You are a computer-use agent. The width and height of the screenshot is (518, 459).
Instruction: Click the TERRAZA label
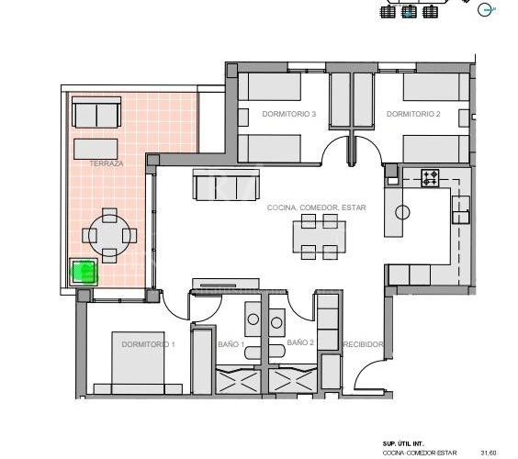(x=107, y=163)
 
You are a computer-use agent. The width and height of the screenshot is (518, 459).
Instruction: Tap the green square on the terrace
(x=84, y=272)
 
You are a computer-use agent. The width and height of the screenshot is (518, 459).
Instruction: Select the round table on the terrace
(x=109, y=235)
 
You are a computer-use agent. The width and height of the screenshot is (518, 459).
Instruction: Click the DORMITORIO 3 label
(x=289, y=114)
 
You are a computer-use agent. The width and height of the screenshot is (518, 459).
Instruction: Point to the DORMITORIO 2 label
(x=413, y=114)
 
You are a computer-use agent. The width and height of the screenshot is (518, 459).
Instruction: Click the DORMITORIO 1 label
(x=148, y=344)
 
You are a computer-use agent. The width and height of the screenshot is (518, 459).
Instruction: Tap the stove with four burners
(x=430, y=178)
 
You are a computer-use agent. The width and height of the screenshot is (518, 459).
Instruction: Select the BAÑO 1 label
(x=231, y=344)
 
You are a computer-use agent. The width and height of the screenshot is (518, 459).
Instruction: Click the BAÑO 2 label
(x=300, y=342)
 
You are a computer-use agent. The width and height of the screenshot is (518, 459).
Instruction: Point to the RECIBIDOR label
(x=364, y=344)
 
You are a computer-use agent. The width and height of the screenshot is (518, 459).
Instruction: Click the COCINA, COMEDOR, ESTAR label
(x=317, y=207)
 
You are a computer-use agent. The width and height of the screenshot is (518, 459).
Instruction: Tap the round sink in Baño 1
(x=253, y=319)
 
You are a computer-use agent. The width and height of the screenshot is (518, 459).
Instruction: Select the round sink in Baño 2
(x=276, y=322)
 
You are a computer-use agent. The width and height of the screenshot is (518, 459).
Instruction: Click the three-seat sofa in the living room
(x=226, y=185)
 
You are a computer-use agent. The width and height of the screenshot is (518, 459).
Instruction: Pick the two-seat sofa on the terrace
(x=96, y=112)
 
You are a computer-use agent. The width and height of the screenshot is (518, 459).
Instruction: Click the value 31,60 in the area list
(x=489, y=453)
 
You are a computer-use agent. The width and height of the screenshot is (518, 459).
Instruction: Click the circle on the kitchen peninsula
(x=402, y=212)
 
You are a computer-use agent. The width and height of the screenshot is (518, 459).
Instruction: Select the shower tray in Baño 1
(x=238, y=380)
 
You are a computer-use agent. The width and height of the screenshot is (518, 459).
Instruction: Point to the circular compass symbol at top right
(x=484, y=10)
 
